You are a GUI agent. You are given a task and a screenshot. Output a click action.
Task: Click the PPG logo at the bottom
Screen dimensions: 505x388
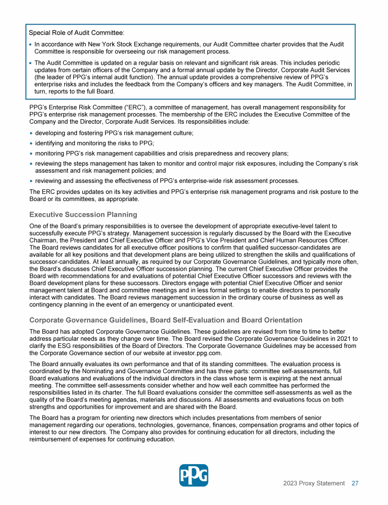(x=193, y=475)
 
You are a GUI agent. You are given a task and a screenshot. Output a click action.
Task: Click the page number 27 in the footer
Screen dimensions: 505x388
(x=355, y=483)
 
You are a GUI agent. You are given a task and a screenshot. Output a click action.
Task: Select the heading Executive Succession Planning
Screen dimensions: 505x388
(x=83, y=215)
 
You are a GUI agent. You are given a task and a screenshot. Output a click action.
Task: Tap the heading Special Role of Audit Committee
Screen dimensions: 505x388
(x=76, y=33)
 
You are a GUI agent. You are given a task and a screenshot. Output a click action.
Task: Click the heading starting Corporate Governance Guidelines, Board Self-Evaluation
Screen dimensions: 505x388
(x=166, y=320)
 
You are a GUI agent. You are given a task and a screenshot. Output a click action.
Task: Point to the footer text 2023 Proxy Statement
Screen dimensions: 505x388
(x=314, y=483)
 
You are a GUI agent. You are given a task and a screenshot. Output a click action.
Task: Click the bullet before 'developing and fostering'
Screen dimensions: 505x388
(x=31, y=133)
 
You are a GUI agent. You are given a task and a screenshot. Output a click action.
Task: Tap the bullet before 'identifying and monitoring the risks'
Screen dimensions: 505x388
(x=31, y=143)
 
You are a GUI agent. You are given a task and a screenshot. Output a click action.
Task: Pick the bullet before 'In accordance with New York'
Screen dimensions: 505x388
(x=31, y=44)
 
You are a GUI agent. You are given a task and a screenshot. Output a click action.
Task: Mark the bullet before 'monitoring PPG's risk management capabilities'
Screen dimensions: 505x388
(x=31, y=154)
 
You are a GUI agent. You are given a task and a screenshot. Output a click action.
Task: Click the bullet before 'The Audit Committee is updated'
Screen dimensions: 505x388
(x=31, y=63)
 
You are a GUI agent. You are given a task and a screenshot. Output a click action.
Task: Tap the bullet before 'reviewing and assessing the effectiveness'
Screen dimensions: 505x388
(x=31, y=181)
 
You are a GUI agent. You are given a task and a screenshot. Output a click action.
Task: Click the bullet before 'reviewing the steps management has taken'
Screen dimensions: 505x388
(x=31, y=164)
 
